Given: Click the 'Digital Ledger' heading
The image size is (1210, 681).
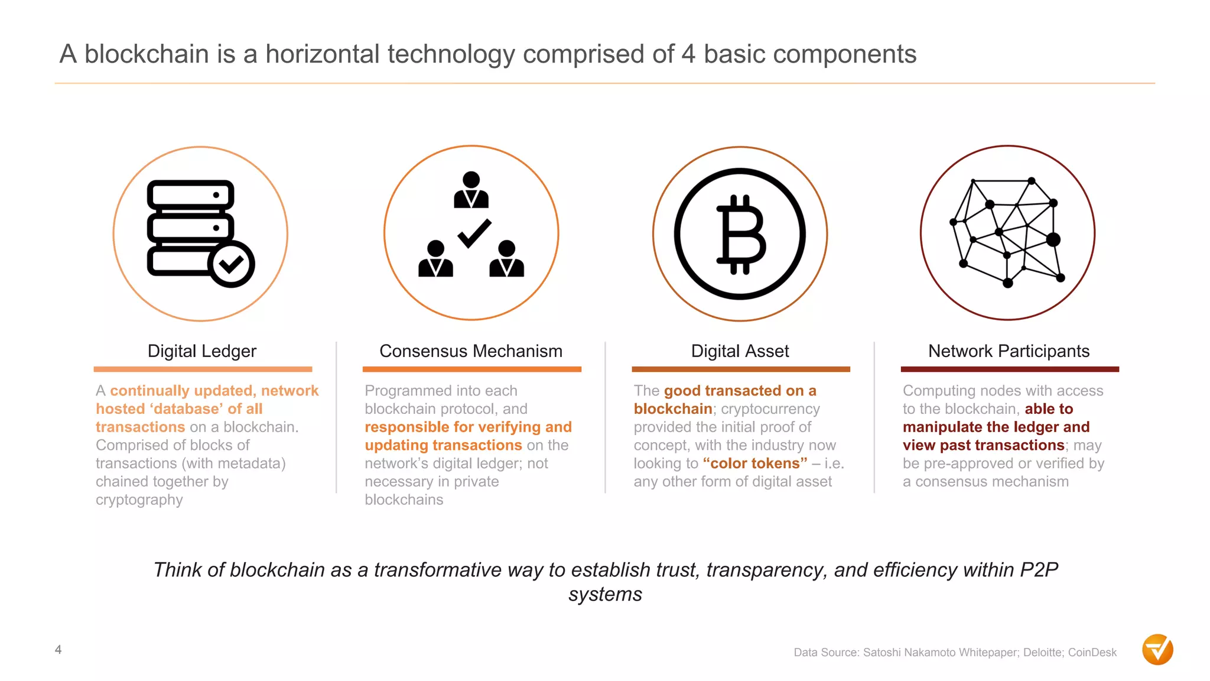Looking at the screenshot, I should (x=201, y=351).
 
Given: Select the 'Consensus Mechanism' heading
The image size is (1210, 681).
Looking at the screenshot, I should (x=470, y=351).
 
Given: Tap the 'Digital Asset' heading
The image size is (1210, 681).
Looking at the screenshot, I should (x=740, y=351).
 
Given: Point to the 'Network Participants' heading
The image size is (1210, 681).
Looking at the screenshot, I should (x=1009, y=351).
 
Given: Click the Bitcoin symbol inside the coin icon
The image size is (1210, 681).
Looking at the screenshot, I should (x=741, y=235).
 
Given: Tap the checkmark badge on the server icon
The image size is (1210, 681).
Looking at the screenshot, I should (x=231, y=264).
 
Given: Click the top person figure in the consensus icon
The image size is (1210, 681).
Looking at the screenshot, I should (x=471, y=190).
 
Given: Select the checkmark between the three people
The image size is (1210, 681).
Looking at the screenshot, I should (x=474, y=233).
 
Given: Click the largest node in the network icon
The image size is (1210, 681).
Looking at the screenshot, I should (x=1053, y=239).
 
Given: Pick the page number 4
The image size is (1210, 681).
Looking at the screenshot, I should (x=58, y=650).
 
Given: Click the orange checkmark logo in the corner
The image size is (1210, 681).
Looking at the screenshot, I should (x=1157, y=650).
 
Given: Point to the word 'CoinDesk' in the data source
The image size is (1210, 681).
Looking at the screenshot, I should (x=1092, y=653).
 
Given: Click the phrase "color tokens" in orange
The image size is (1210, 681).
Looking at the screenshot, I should (x=755, y=463).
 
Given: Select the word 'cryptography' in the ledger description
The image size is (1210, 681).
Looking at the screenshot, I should (x=139, y=500).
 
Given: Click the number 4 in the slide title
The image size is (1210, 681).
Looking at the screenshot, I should (x=688, y=54).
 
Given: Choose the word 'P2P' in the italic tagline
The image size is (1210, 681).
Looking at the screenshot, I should (x=1039, y=570).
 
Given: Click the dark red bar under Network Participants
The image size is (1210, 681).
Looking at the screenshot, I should (x=1009, y=369).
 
